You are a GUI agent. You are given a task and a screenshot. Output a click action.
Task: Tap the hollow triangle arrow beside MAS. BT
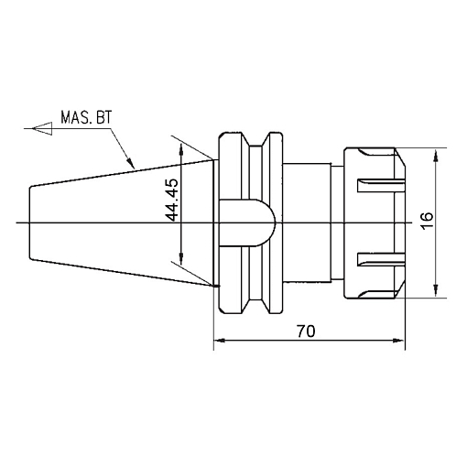click(39, 129)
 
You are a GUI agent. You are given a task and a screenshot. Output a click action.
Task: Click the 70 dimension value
click(307, 332)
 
